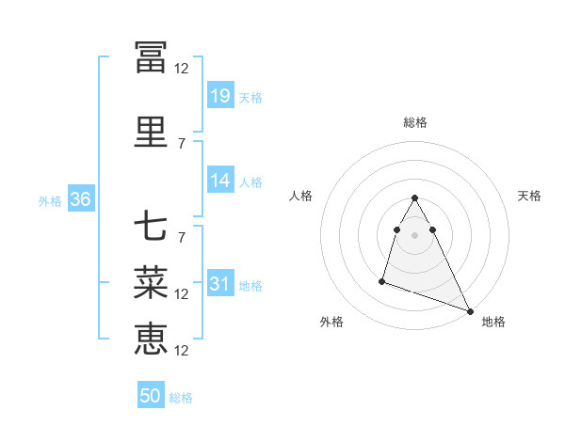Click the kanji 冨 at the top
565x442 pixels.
[151, 55]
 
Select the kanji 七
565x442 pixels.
[151, 227]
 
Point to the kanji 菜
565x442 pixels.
[151, 281]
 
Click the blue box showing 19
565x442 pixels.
[220, 96]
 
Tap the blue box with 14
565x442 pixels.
[220, 181]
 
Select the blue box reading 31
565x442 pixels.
[220, 284]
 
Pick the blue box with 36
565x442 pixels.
[80, 199]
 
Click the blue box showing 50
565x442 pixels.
[151, 396]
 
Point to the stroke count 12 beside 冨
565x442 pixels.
[182, 69]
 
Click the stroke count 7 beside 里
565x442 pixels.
[182, 144]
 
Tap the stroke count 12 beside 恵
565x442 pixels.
[182, 351]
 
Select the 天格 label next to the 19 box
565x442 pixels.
[250, 97]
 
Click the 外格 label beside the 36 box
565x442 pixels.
[50, 200]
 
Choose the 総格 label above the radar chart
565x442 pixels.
[415, 122]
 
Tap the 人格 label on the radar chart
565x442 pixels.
[300, 196]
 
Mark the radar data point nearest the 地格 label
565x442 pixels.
[470, 310]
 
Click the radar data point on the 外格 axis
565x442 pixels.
[382, 280]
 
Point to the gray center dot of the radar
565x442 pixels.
[414, 234]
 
